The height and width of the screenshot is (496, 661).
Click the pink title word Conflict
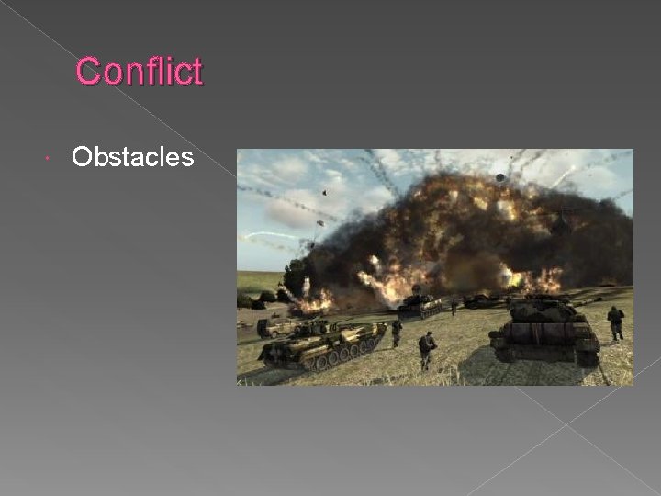point(139,71)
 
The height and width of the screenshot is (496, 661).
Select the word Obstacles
point(132,158)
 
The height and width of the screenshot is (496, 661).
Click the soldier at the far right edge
point(615,321)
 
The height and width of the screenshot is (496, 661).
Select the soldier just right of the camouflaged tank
point(397,331)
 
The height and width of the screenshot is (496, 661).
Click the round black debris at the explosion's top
point(499,177)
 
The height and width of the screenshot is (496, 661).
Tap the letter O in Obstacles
point(82,158)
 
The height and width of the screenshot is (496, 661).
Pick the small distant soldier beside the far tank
point(454,306)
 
